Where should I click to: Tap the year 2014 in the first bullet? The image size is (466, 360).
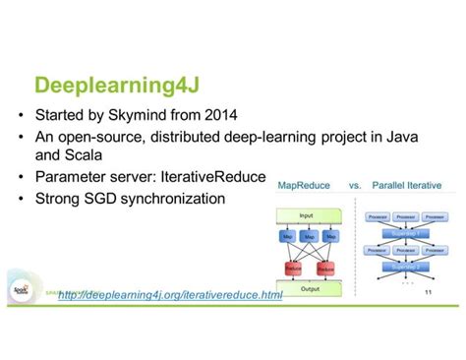point(245,113)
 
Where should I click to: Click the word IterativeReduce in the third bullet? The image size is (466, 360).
point(212,177)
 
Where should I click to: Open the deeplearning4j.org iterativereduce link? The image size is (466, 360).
point(170,293)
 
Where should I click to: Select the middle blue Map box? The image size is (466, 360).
point(308,237)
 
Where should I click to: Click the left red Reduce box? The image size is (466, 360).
point(293,269)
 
